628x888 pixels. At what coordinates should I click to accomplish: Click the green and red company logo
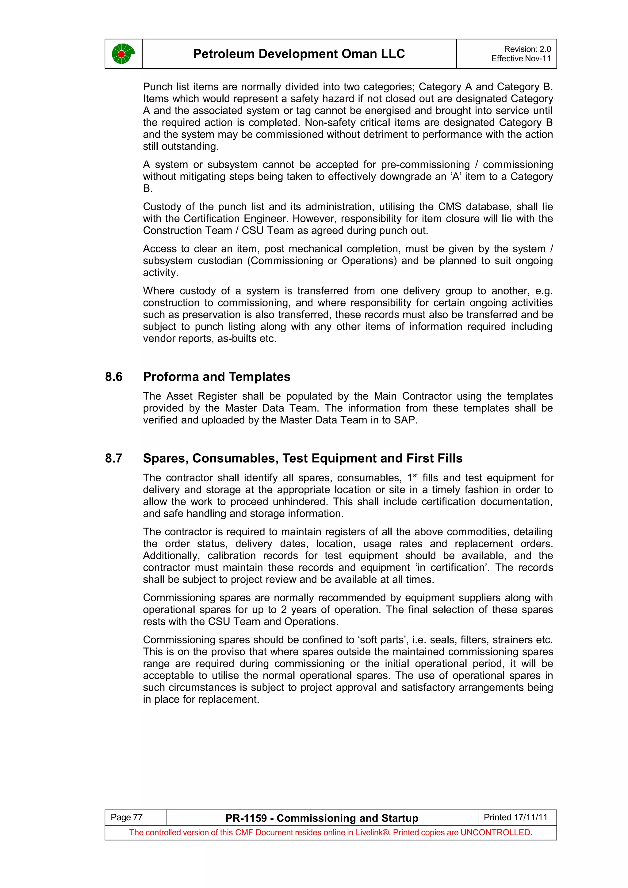pos(123,54)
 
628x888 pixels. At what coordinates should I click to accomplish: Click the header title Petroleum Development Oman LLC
pos(299,54)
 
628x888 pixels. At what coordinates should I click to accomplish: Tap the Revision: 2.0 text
pos(527,49)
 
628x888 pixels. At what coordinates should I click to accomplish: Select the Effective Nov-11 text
pos(520,59)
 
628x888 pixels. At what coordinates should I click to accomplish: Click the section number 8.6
pos(113,377)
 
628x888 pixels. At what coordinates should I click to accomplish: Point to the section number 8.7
pos(113,458)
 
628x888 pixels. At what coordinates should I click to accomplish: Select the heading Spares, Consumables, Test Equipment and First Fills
pos(302,458)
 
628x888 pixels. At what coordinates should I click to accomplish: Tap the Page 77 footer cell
pos(127,817)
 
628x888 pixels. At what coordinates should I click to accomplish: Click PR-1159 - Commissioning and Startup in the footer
pos(322,818)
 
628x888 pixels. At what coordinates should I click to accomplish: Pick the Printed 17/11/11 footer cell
pos(515,817)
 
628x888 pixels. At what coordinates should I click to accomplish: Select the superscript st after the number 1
pos(415,475)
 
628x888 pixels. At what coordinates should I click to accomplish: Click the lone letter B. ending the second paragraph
pos(147,189)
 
